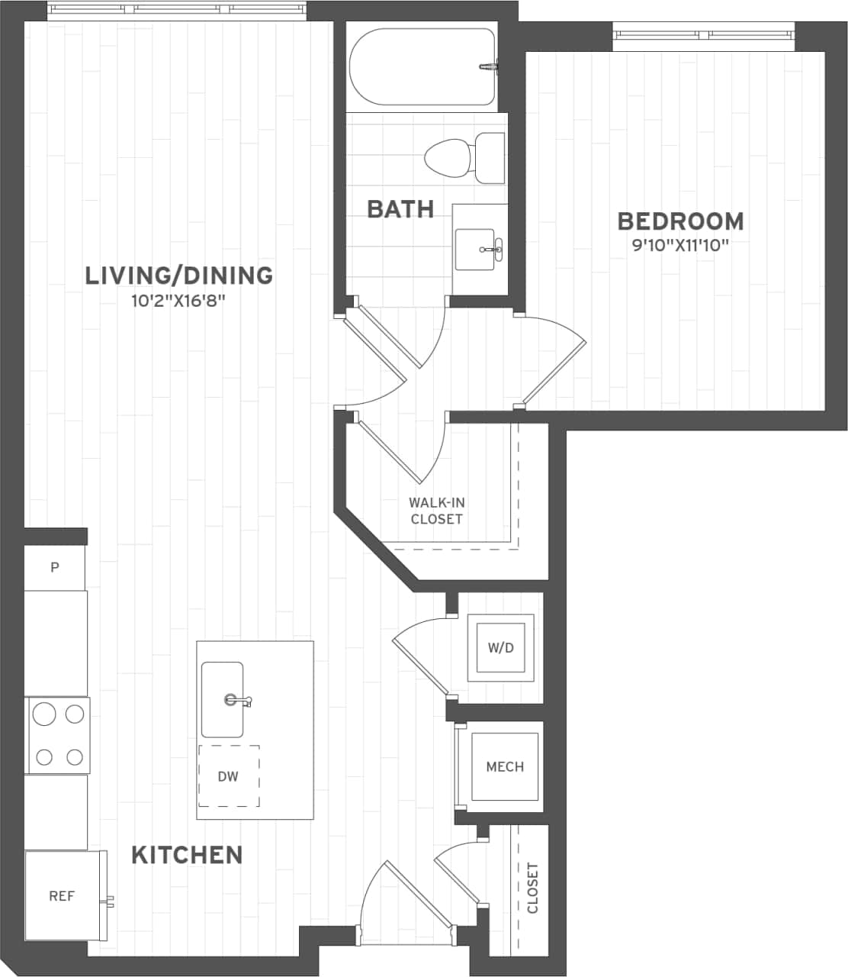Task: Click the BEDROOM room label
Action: (680, 221)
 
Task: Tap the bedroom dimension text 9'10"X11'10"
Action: (680, 246)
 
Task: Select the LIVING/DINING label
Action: (178, 276)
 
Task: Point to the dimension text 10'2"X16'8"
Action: (178, 301)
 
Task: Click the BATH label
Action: (400, 209)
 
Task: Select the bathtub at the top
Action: (422, 67)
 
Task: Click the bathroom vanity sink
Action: (475, 249)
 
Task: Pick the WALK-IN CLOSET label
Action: (437, 511)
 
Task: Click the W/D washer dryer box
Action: (500, 648)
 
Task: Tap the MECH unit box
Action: (505, 766)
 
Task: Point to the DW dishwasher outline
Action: (229, 776)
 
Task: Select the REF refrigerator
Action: (62, 896)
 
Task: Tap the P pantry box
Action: (55, 568)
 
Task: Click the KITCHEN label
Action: (187, 855)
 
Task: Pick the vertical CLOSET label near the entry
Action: (532, 888)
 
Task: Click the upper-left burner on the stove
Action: (44, 714)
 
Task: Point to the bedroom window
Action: (704, 34)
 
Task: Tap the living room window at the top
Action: (178, 10)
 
